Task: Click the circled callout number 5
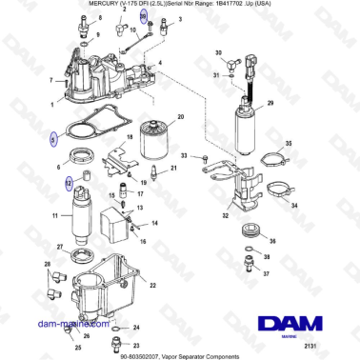coord(53,139)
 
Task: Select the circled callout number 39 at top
coord(145,18)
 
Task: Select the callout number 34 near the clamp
coord(293,205)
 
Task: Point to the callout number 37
coord(266,274)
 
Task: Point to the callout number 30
coord(218,55)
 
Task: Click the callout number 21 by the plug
coord(173,168)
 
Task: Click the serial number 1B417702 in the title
coord(243,5)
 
